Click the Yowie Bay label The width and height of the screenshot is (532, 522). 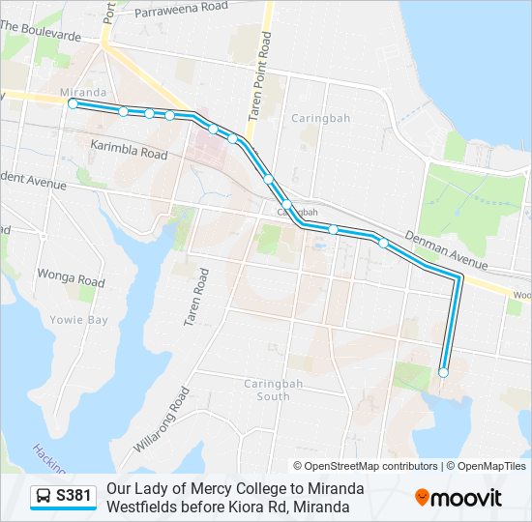pos(78,319)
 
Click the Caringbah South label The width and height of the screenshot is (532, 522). pos(266,390)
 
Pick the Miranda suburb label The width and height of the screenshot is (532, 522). pos(82,93)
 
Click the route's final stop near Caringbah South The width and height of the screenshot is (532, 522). pos(443,372)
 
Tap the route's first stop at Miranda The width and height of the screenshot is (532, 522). pos(73,102)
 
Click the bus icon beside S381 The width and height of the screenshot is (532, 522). pos(44,497)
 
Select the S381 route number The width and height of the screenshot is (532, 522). pos(74,497)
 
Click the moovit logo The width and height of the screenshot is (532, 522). pos(458,498)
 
